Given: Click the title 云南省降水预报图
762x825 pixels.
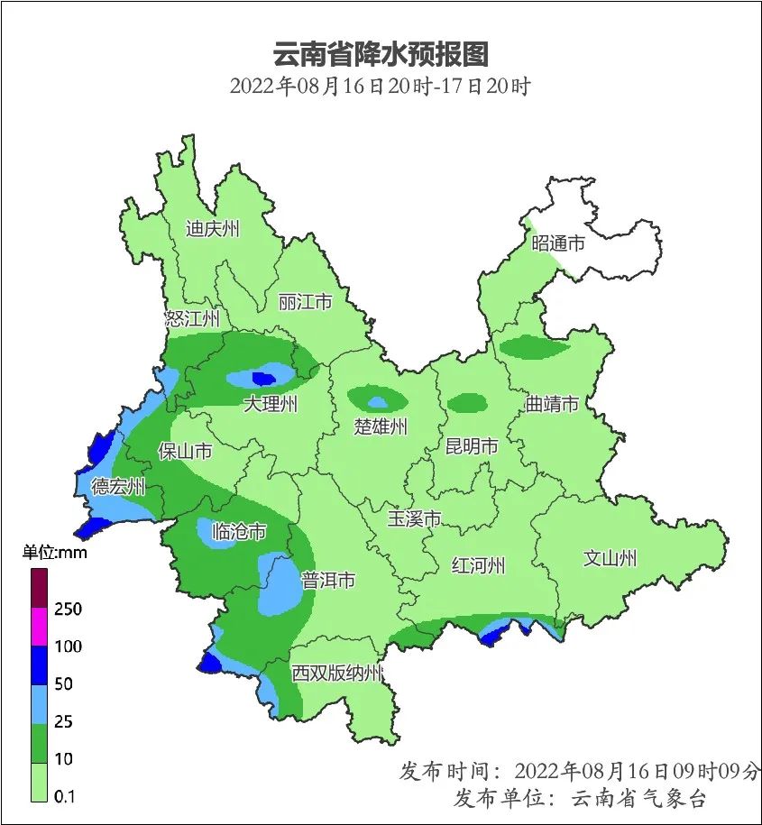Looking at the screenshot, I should [380, 54].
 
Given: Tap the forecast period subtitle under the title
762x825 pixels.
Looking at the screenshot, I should [380, 87].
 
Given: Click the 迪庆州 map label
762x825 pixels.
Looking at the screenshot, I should [213, 228].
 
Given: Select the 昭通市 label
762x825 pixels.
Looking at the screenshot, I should [557, 243].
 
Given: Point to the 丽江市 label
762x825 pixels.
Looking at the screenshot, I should [305, 302].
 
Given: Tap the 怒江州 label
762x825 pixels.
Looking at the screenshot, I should [192, 318].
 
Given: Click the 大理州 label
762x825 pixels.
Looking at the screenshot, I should [271, 404].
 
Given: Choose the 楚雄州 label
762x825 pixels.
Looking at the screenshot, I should [381, 426].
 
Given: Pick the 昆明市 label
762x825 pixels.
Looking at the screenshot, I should [472, 446].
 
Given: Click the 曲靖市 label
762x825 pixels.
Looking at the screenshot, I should [552, 404].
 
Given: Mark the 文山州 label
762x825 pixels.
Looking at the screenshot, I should [610, 558].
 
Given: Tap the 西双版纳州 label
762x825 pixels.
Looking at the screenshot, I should [337, 674].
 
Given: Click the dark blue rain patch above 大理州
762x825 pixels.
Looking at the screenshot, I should [264, 378].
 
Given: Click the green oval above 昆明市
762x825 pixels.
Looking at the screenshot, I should [467, 402].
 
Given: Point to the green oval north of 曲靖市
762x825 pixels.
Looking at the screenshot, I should [534, 345].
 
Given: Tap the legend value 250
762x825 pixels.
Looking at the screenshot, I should [68, 610].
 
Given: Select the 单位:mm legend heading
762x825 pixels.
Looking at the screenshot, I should [54, 553].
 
